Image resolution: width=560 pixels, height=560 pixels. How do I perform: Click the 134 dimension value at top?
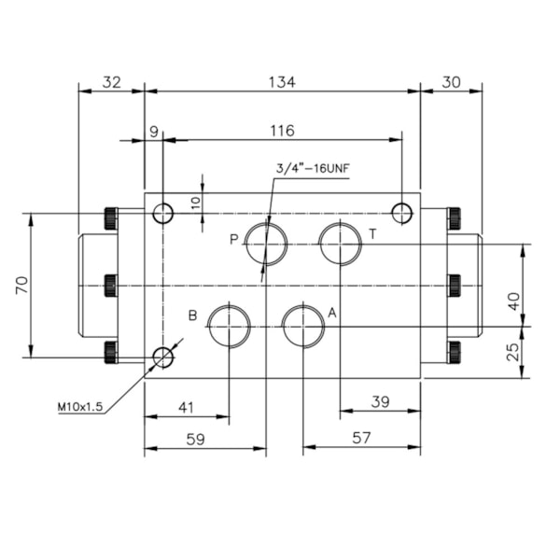coord(282,82)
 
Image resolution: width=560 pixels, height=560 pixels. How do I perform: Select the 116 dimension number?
coord(282,131)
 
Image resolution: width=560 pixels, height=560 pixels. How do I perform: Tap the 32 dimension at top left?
coord(111,82)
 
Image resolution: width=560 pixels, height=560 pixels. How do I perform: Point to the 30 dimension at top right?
coord(451,82)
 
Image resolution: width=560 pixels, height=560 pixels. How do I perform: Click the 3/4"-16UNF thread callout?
coord(312,169)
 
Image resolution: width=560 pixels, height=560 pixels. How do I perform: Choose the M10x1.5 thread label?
coord(79,406)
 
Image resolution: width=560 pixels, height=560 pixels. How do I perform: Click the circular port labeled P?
coord(267,244)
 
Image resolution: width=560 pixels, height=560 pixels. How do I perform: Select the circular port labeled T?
coord(340,244)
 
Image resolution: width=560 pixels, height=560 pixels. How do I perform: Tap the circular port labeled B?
coord(229,326)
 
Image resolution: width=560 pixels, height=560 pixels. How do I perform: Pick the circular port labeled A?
coord(303,326)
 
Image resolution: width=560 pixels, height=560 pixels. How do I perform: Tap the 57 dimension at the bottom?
coord(360,436)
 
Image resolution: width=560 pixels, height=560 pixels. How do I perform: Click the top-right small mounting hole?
coord(402,213)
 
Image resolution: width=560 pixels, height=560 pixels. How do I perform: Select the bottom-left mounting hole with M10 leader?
coord(163,357)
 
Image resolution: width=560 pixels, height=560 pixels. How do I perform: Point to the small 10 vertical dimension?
coord(195,202)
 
